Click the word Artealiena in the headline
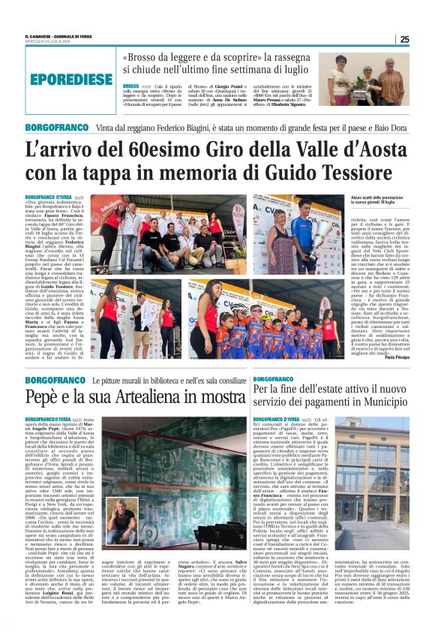pos(146,397)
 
